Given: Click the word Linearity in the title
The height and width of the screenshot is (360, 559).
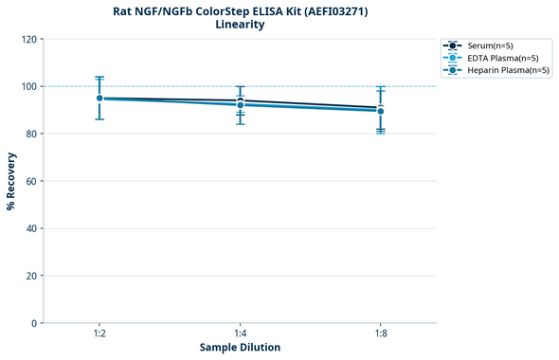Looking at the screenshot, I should [x=240, y=25].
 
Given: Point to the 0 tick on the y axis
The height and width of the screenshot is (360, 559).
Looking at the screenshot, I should [x=33, y=323].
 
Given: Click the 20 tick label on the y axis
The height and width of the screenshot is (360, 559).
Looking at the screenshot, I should [x=30, y=276].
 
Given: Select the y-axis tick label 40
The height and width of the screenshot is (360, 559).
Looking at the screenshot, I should [x=30, y=228].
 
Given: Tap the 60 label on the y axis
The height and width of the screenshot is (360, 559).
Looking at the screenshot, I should [x=30, y=181].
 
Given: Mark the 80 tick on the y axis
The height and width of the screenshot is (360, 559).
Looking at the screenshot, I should [x=30, y=134].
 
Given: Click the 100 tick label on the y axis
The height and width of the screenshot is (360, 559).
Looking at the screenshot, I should [x=27, y=86].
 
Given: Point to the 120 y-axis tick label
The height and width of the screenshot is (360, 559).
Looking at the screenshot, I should [x=27, y=39].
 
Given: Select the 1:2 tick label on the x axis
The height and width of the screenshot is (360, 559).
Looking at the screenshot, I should [x=99, y=333].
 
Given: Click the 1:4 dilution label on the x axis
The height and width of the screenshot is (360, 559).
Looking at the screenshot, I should [x=240, y=333].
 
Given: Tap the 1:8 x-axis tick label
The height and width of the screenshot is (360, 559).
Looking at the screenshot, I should [x=381, y=333].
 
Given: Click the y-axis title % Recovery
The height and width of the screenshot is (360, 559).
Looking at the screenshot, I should [x=11, y=181].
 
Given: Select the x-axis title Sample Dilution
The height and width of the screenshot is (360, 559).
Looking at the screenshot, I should [x=240, y=348].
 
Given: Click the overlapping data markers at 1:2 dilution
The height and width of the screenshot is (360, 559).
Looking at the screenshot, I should [x=99, y=98].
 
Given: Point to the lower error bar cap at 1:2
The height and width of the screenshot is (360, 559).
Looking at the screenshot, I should [x=99, y=118].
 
